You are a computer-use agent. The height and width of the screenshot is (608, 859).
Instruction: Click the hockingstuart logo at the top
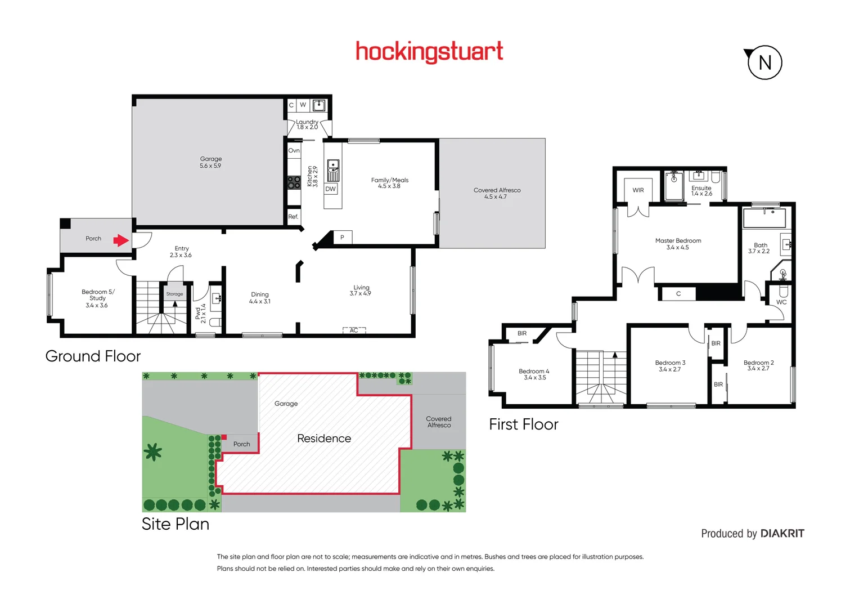coord(429,52)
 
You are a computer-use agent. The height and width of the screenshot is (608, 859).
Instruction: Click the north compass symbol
coord(764,62)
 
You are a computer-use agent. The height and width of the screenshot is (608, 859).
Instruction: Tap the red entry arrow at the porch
coord(121,241)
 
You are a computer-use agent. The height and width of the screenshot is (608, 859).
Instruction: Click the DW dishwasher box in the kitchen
coord(331,189)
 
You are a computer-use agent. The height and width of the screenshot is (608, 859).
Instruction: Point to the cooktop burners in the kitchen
coord(294,182)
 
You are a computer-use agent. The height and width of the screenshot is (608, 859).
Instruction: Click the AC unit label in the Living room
coord(354,330)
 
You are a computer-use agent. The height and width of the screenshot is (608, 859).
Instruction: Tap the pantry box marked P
coord(342,238)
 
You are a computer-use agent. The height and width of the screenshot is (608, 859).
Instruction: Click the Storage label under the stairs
coord(174,294)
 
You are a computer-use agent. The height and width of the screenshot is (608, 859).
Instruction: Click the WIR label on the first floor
coord(638,190)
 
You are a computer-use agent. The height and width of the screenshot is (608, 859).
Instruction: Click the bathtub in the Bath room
coord(764,218)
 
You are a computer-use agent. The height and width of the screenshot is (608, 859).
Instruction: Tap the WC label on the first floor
coord(781,302)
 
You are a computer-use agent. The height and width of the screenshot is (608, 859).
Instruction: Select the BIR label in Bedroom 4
coord(522,333)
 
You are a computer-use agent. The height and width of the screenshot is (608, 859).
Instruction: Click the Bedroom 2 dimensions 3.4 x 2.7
coord(758,369)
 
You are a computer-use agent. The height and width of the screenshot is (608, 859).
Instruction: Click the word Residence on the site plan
coord(324,439)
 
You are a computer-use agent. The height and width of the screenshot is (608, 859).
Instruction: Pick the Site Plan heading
coord(176,524)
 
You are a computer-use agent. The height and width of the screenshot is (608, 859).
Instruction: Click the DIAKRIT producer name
coord(782,534)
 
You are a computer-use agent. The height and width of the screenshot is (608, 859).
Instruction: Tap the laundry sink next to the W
coord(319,105)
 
